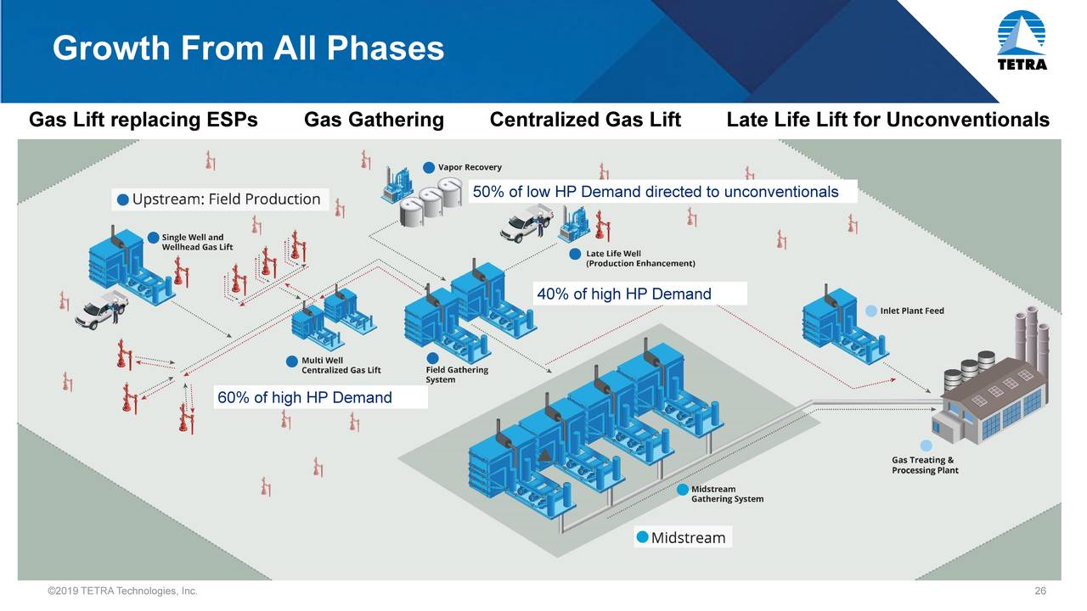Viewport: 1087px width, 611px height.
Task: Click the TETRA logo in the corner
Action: (x=1022, y=41)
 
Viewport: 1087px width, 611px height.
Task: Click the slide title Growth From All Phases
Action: (x=248, y=48)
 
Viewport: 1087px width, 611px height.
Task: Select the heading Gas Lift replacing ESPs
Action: (x=144, y=120)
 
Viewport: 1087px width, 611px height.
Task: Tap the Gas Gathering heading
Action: (x=374, y=120)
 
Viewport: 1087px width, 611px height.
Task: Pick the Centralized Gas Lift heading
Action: (x=585, y=120)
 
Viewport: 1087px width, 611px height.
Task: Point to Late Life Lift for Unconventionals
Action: (x=887, y=120)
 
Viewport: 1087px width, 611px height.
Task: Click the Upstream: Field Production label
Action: (x=220, y=199)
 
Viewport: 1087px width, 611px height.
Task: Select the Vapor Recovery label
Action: (x=463, y=167)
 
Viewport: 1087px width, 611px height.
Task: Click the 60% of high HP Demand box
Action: (x=320, y=397)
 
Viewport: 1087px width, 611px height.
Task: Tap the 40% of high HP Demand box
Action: (x=640, y=294)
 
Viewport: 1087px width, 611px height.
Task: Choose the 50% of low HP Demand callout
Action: (x=662, y=192)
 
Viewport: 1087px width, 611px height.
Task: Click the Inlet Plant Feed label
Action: (x=905, y=311)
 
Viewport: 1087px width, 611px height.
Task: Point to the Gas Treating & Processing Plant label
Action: (x=925, y=464)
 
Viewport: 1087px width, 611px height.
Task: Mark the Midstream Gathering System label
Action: (x=721, y=494)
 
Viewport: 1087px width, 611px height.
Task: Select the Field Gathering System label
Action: (x=457, y=374)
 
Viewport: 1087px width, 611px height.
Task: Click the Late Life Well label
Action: (x=633, y=259)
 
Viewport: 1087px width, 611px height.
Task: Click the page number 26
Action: (x=1040, y=591)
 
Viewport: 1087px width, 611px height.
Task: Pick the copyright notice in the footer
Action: (x=123, y=591)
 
